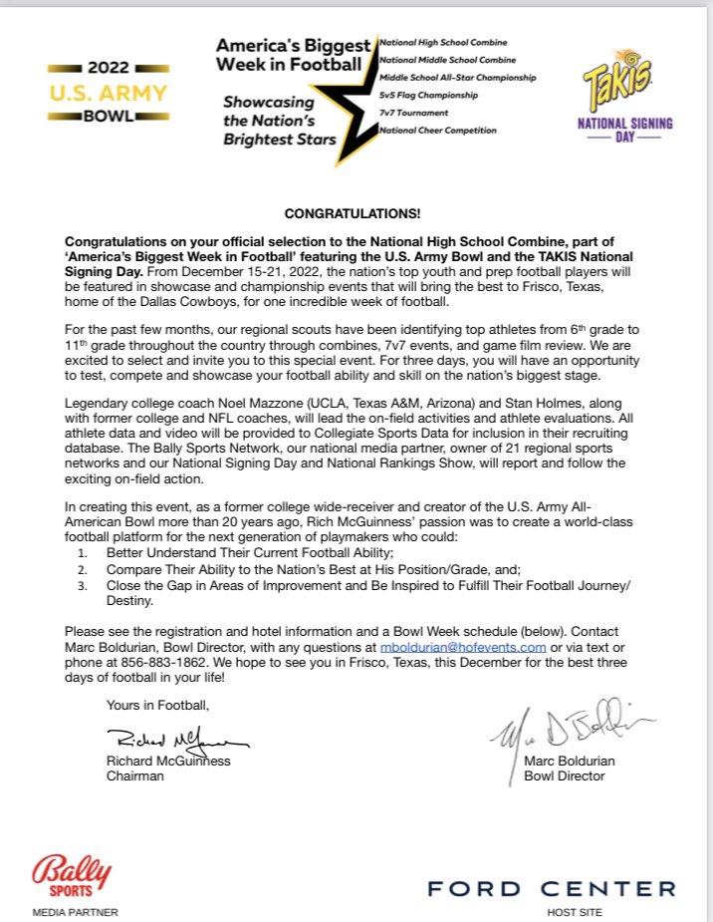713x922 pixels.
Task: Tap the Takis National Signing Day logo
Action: [625, 98]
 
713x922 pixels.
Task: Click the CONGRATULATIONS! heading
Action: [353, 214]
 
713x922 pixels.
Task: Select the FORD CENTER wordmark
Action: [552, 887]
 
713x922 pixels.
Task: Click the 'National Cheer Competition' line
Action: [438, 131]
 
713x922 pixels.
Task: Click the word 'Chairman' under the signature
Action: [135, 775]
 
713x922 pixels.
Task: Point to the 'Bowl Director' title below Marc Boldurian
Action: [564, 775]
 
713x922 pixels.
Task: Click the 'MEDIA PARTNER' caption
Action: [75, 911]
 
